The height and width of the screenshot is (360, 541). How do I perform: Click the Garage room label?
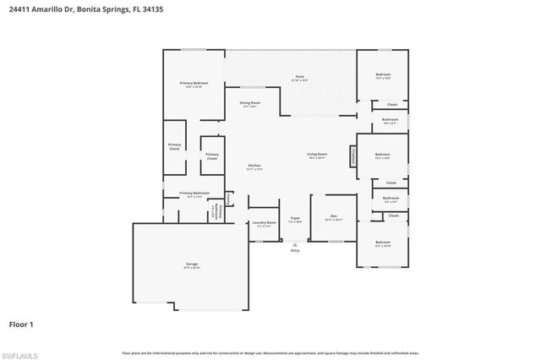(x=193, y=265)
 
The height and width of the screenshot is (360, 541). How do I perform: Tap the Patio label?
(x=299, y=77)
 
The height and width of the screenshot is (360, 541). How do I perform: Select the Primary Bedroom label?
(x=194, y=83)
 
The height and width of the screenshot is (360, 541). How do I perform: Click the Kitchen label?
(x=254, y=166)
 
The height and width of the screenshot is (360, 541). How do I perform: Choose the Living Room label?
(x=317, y=155)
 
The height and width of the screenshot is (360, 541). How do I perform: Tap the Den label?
(x=334, y=216)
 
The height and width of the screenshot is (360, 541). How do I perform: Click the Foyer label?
(x=295, y=218)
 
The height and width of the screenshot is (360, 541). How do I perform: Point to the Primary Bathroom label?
(x=194, y=194)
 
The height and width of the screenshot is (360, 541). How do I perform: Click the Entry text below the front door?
(x=295, y=251)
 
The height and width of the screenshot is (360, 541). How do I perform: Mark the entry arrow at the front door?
(x=295, y=244)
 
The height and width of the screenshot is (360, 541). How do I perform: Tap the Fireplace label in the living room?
(x=352, y=157)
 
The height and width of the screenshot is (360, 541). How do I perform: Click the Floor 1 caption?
(x=21, y=324)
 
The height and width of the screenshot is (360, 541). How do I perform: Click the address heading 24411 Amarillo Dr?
(x=80, y=10)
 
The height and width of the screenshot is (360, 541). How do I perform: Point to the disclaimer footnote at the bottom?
(x=270, y=352)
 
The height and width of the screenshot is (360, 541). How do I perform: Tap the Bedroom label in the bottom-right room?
(x=383, y=244)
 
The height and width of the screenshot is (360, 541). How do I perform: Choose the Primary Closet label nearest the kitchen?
(x=211, y=156)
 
